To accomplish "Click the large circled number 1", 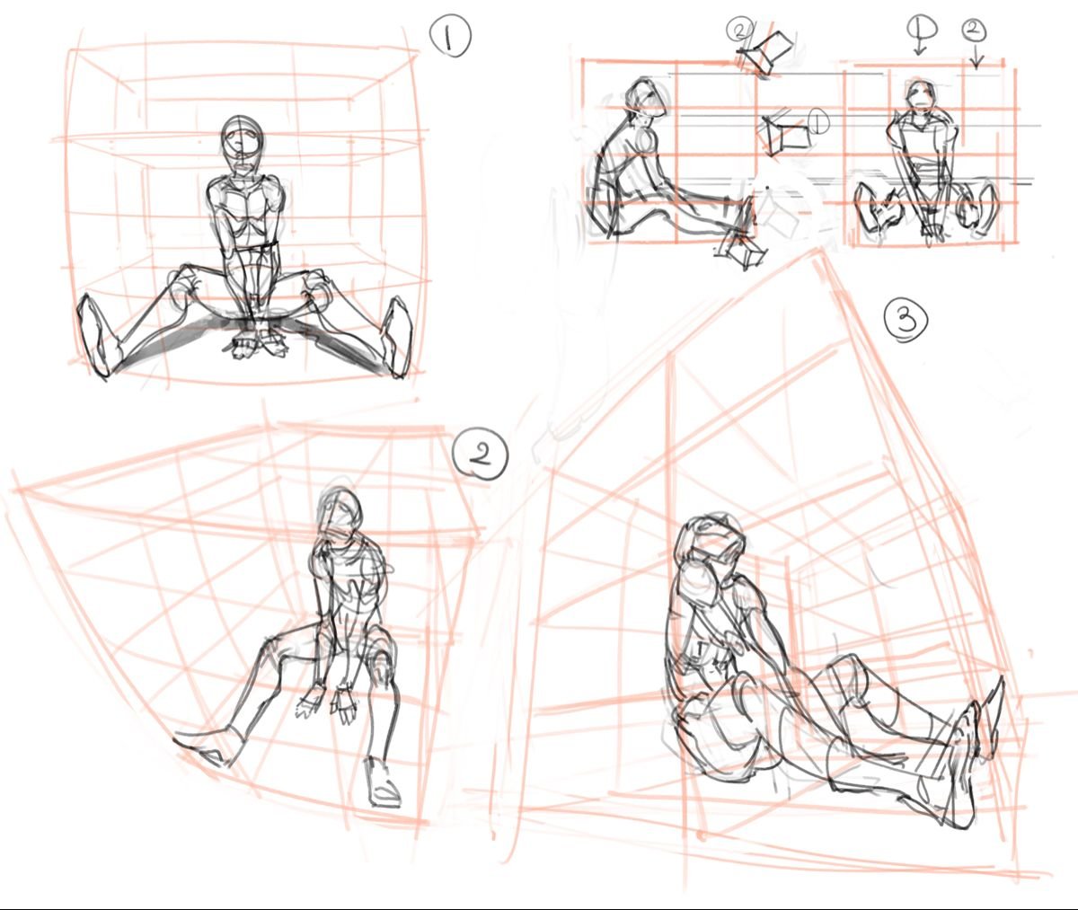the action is [x=450, y=36].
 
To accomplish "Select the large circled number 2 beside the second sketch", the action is [x=480, y=455].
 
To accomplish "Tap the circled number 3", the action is [x=906, y=322].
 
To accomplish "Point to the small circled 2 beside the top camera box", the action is [x=739, y=31].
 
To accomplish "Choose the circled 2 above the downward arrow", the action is [x=974, y=31].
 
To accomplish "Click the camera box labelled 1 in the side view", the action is [x=786, y=134].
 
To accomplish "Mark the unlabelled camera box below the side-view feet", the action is [x=741, y=252].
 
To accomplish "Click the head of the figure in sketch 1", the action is [x=242, y=139].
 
